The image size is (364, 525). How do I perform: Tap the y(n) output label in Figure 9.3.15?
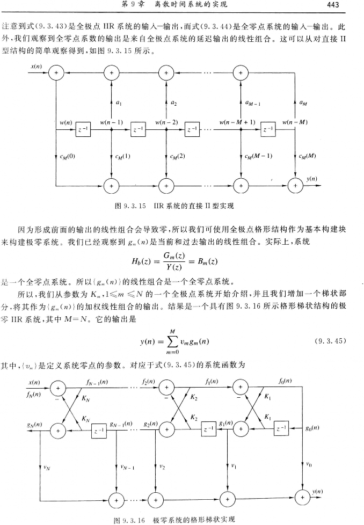(x=312, y=178)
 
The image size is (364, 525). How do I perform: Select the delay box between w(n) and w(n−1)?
(x=83, y=129)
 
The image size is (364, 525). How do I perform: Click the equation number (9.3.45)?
(x=328, y=341)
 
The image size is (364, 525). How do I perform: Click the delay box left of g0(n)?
(x=280, y=429)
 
